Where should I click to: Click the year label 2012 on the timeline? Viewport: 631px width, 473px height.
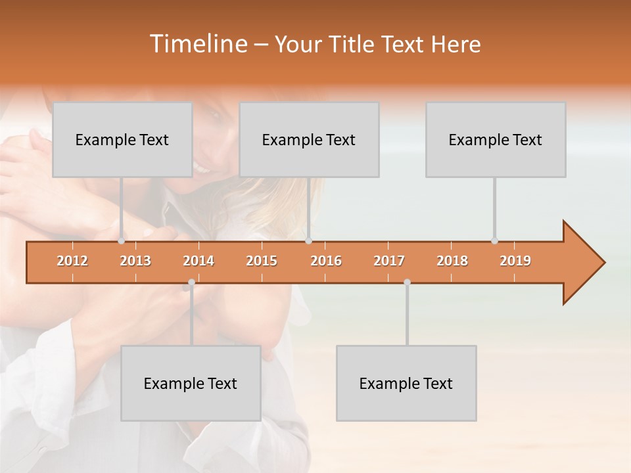(x=72, y=261)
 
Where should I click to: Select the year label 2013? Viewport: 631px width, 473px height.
(x=135, y=261)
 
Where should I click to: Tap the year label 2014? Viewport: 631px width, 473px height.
(x=199, y=261)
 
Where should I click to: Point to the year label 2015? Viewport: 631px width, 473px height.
(x=262, y=261)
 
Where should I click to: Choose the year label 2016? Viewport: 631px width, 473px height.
(x=326, y=261)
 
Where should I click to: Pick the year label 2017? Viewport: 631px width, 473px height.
(x=389, y=261)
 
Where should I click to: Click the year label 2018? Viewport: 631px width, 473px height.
(x=452, y=261)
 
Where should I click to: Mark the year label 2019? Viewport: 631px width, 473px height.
(x=515, y=261)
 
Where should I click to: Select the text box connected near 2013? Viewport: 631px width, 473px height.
(x=122, y=139)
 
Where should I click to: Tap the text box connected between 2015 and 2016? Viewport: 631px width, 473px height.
(x=309, y=139)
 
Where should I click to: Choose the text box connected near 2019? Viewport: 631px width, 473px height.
(x=496, y=139)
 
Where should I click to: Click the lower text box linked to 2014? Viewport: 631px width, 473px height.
(x=191, y=383)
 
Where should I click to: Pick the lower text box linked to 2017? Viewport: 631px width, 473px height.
(x=406, y=383)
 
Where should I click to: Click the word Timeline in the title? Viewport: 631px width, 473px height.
(x=197, y=44)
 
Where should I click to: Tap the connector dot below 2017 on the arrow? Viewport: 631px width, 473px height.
(x=407, y=282)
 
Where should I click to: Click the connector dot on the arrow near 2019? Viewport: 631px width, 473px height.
(x=494, y=241)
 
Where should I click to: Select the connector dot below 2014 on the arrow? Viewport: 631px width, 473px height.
(x=191, y=282)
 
